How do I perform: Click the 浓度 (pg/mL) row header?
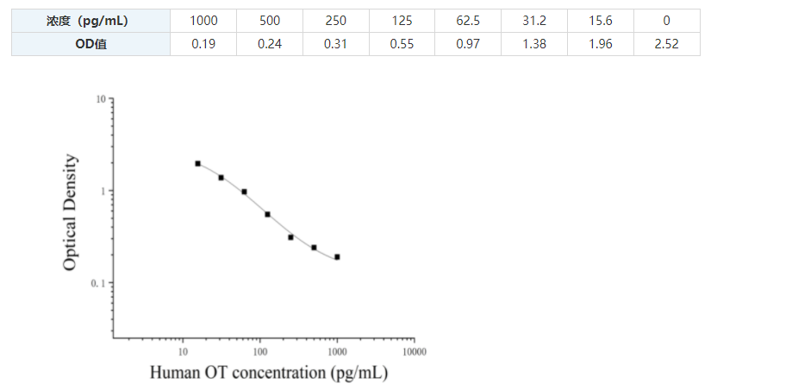click(x=90, y=21)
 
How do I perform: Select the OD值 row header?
click(x=90, y=44)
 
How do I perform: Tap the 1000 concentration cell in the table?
click(x=203, y=21)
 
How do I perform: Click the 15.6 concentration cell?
click(x=600, y=21)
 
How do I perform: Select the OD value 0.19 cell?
click(x=203, y=44)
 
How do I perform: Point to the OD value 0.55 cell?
click(x=402, y=44)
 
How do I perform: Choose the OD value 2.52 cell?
click(x=666, y=44)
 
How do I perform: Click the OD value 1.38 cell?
click(x=534, y=44)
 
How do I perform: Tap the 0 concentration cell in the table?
click(x=666, y=21)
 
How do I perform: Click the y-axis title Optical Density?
click(x=71, y=212)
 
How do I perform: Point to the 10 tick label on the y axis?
click(x=101, y=99)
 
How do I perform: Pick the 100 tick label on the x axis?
click(x=259, y=351)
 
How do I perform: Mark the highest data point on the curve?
click(x=197, y=163)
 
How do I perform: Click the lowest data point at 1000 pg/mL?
click(x=337, y=256)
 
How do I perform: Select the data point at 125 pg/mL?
click(x=267, y=214)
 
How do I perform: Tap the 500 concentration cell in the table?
click(x=270, y=21)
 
